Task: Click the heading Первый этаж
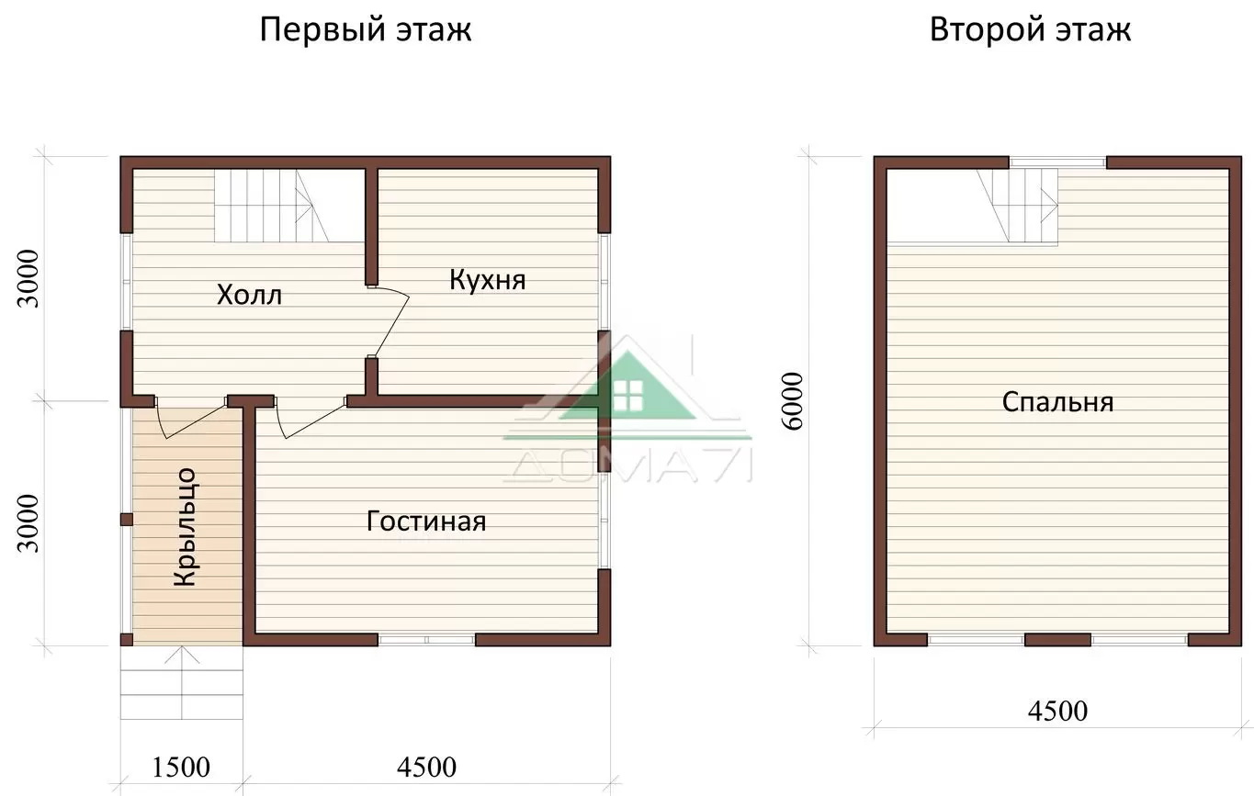click(x=366, y=30)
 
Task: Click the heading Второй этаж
click(x=1030, y=30)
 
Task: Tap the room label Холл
click(x=249, y=295)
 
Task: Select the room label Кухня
click(x=488, y=280)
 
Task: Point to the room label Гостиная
click(x=426, y=521)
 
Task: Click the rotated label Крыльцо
click(x=186, y=528)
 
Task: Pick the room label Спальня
click(x=1057, y=402)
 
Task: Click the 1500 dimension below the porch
click(x=181, y=768)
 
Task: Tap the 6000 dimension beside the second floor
click(x=793, y=401)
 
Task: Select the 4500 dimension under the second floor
click(x=1057, y=712)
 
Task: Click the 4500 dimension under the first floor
click(x=426, y=768)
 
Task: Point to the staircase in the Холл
click(x=272, y=206)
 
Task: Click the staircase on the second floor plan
click(x=1018, y=206)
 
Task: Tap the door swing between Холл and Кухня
click(x=392, y=321)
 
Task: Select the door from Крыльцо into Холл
click(x=190, y=420)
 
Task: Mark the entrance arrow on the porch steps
click(x=182, y=682)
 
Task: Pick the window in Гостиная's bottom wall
click(x=426, y=640)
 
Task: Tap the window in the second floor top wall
click(x=1057, y=163)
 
